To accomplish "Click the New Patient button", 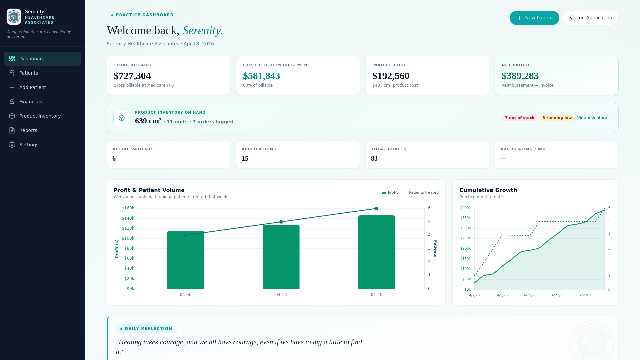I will pyautogui.click(x=534, y=18).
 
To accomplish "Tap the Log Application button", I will pyautogui.click(x=590, y=18).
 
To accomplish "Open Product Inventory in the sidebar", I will pyautogui.click(x=40, y=116).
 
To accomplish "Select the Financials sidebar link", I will pyautogui.click(x=30, y=102).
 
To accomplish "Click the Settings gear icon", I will pyautogui.click(x=12, y=145).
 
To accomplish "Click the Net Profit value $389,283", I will pyautogui.click(x=520, y=76).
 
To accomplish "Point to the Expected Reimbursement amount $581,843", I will pyautogui.click(x=261, y=76).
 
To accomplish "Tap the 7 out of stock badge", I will pyautogui.click(x=519, y=118).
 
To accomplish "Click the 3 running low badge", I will pyautogui.click(x=557, y=118).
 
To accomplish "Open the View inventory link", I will pyautogui.click(x=594, y=118).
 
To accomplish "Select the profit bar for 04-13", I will pyautogui.click(x=281, y=257).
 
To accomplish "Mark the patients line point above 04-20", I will pyautogui.click(x=376, y=208).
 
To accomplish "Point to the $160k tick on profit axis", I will pyautogui.click(x=128, y=208).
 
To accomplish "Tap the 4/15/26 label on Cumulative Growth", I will pyautogui.click(x=530, y=295).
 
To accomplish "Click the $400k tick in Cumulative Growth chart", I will pyautogui.click(x=465, y=208).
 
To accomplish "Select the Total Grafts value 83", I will pyautogui.click(x=374, y=159).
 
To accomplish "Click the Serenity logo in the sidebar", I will pyautogui.click(x=14, y=17).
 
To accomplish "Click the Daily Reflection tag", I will pyautogui.click(x=146, y=329).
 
